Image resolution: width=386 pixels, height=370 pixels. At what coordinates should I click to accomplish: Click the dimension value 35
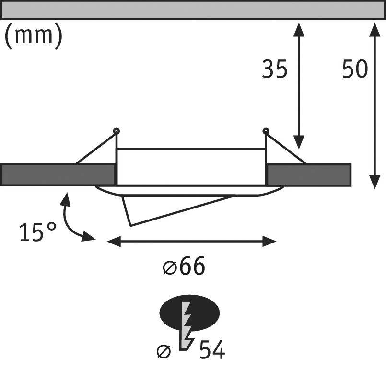tap(274, 70)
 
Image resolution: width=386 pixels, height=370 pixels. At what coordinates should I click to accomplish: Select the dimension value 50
tap(355, 70)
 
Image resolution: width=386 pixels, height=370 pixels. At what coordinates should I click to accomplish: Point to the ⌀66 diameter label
tap(184, 266)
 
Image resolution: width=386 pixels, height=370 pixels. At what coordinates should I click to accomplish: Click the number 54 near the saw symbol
tap(211, 350)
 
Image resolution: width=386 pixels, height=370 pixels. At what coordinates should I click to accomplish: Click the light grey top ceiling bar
tap(192, 10)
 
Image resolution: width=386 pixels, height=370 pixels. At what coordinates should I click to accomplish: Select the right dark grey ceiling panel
tap(309, 174)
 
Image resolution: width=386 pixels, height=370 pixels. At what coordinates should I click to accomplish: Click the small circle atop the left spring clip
tap(116, 131)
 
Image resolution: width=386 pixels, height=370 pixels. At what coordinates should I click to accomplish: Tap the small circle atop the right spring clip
tap(266, 131)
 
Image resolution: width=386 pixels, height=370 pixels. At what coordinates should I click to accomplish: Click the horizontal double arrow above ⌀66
tap(192, 241)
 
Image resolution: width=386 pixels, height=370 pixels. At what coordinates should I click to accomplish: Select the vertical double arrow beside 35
tap(298, 84)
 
